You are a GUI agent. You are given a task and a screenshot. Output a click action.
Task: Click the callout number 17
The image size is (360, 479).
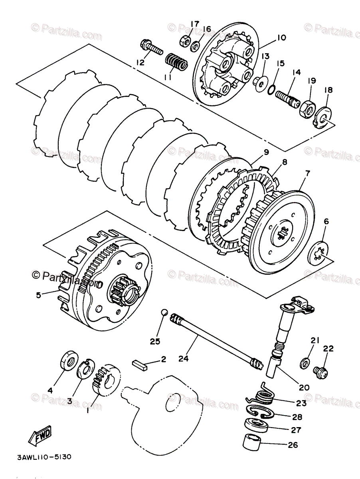[x=194, y=25]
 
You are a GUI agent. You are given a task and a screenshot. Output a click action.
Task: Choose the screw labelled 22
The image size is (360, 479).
[x=321, y=372]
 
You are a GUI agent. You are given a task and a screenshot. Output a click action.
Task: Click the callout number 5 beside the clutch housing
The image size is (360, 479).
[x=38, y=295]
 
